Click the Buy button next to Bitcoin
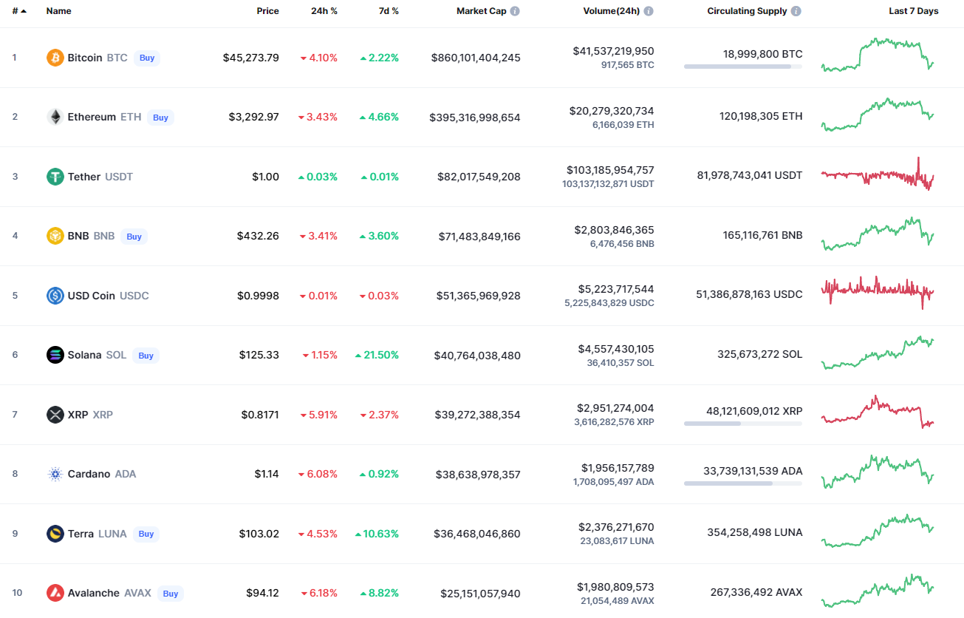click(x=147, y=58)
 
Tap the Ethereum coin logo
click(x=55, y=117)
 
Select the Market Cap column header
click(x=481, y=11)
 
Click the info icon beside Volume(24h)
click(x=649, y=11)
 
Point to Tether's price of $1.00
click(x=265, y=177)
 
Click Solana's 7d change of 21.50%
click(x=377, y=355)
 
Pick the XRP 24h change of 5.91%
click(x=319, y=415)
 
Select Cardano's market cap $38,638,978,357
click(x=478, y=474)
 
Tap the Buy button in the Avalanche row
click(x=171, y=594)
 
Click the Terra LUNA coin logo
click(x=55, y=534)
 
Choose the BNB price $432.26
click(x=258, y=236)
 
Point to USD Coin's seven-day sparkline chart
click(x=878, y=293)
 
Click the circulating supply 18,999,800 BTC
click(x=762, y=54)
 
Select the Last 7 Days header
click(x=914, y=11)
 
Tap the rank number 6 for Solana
click(x=15, y=355)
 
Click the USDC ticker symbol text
click(x=134, y=296)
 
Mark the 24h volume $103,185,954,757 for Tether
click(x=610, y=170)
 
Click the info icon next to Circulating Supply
click(x=796, y=11)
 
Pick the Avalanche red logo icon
click(x=55, y=593)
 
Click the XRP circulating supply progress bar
click(x=743, y=424)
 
